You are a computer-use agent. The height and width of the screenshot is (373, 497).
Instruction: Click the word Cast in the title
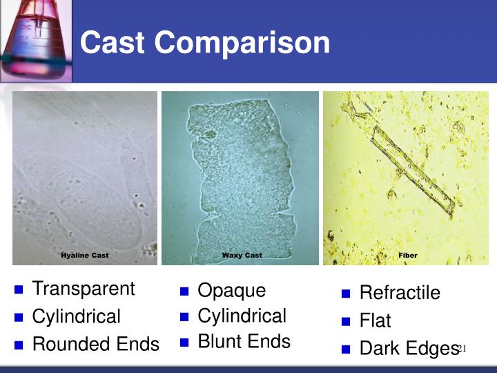click(113, 43)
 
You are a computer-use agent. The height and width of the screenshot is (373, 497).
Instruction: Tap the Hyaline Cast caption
click(85, 256)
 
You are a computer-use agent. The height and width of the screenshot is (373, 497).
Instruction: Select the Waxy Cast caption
click(242, 256)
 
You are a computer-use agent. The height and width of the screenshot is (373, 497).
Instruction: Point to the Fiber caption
click(407, 256)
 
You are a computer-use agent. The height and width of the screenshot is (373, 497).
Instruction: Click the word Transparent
click(84, 289)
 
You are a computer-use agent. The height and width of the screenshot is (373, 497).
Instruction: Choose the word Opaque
click(231, 291)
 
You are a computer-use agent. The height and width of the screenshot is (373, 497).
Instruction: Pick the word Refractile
click(400, 293)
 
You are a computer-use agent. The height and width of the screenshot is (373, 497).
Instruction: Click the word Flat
click(376, 321)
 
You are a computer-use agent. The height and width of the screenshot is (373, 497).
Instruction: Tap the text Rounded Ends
click(95, 344)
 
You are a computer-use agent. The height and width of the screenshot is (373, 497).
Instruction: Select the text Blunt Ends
click(244, 341)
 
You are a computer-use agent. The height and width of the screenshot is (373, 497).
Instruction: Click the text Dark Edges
click(409, 348)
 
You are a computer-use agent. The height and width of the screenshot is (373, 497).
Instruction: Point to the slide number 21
click(462, 348)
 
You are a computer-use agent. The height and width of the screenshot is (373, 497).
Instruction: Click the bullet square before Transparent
click(19, 289)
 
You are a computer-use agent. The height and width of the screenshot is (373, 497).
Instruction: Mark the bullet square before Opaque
click(184, 291)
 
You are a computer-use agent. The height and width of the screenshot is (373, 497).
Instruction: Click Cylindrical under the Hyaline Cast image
click(76, 316)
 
